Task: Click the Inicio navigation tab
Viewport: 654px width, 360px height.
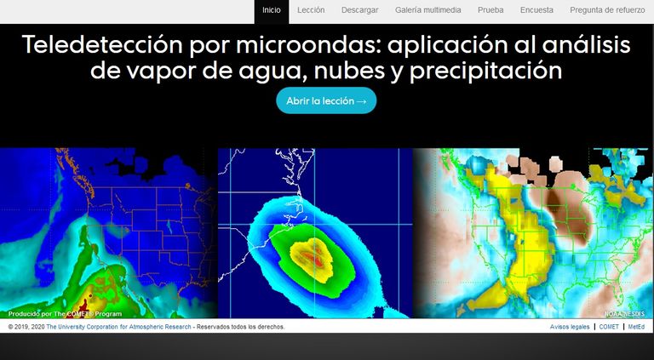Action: pos(271,10)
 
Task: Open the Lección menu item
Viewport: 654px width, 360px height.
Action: pos(311,10)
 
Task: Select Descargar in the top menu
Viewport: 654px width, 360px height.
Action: pos(359,10)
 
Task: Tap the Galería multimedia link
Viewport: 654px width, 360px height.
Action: pos(428,10)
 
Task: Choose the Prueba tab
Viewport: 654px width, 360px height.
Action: pos(490,10)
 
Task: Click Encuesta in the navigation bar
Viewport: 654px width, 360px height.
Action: pos(536,10)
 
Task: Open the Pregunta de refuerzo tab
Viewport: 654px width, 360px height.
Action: pos(607,10)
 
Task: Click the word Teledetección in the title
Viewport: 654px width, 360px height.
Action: pos(102,44)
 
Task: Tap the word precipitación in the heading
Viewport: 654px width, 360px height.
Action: pos(486,71)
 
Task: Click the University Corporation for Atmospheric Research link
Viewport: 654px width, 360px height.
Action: pos(119,327)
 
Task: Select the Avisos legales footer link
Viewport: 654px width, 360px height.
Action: pos(570,327)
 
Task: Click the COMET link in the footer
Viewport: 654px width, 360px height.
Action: pos(609,327)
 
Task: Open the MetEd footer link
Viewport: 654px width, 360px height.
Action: pos(636,327)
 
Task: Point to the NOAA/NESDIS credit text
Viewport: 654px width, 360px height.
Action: pos(625,314)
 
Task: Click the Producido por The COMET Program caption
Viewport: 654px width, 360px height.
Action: pos(65,314)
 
